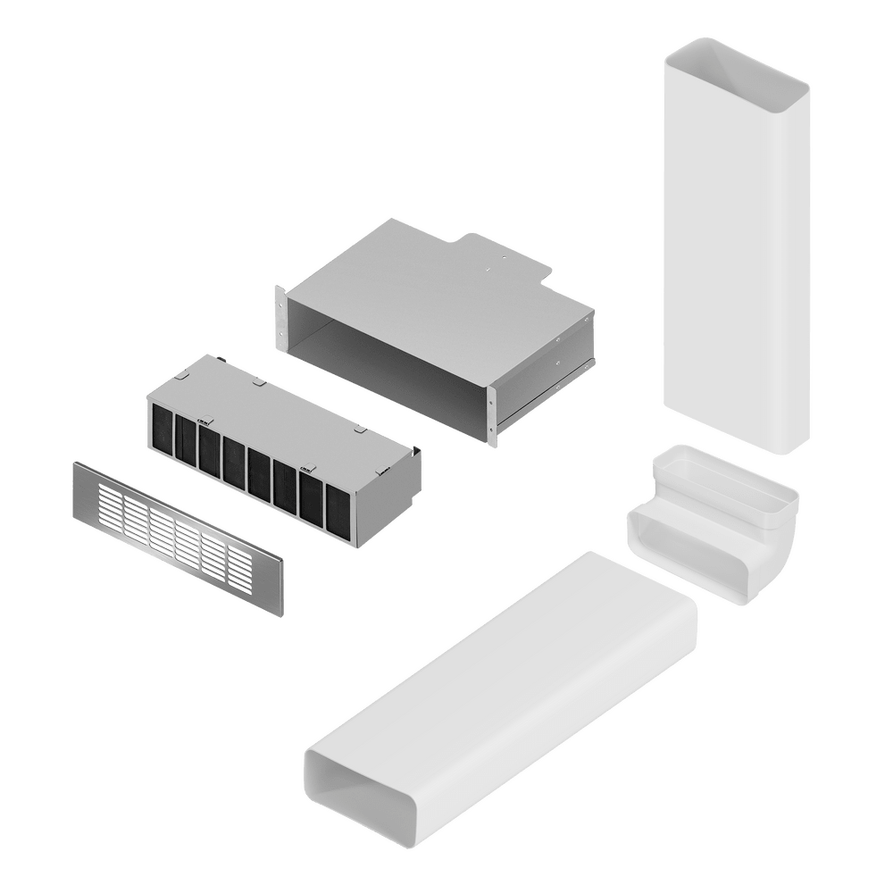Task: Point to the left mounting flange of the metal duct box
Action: tap(281, 316)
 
